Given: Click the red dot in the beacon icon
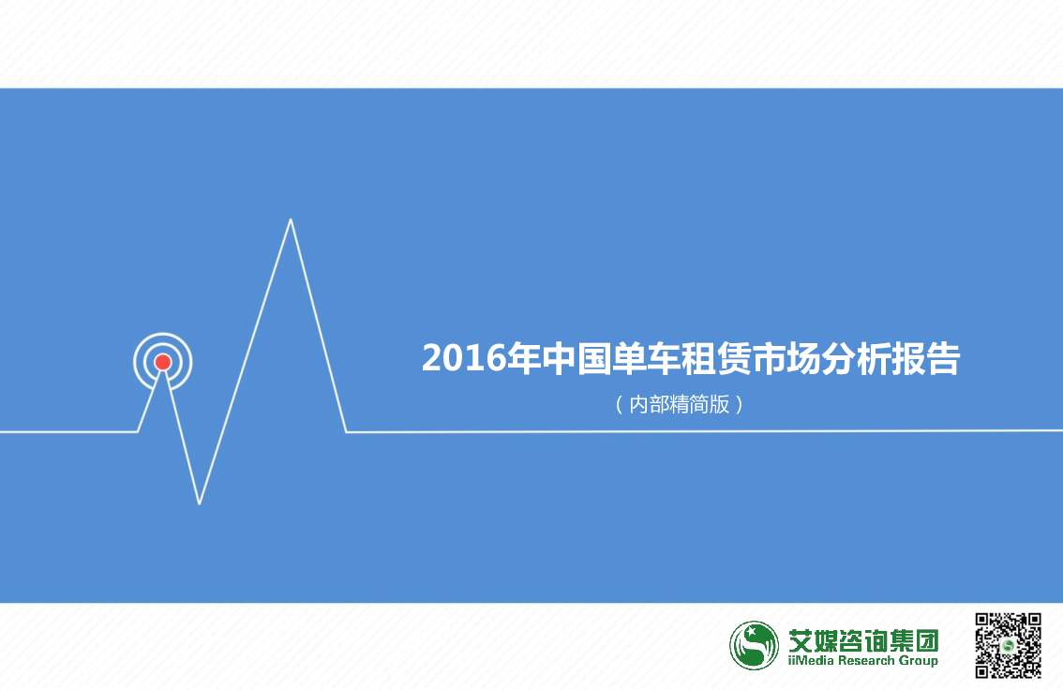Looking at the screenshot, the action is (x=163, y=362).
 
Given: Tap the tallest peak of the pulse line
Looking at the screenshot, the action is (x=291, y=219).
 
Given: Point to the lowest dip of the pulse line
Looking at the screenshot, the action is (x=200, y=503).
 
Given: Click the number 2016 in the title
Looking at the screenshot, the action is (x=464, y=358).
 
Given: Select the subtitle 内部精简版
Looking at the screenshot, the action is (x=680, y=404).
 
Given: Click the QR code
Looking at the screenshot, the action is (x=1008, y=645).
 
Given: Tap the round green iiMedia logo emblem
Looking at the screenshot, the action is (x=754, y=646).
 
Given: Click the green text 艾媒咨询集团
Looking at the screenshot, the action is (x=863, y=640).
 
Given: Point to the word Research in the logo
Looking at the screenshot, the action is (x=866, y=660).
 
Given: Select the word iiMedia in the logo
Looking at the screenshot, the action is (x=812, y=660).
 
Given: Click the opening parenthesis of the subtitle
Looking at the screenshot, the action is (x=619, y=405).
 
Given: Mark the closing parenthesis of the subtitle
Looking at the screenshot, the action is (x=739, y=405).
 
